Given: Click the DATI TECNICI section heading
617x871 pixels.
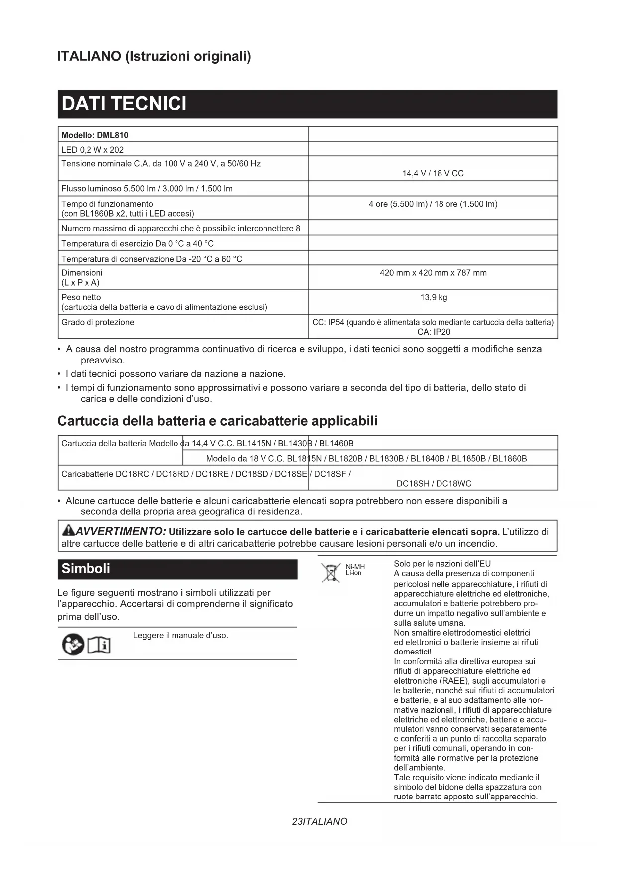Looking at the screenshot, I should (x=124, y=104).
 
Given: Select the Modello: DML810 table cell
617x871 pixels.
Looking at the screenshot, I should (x=95, y=135).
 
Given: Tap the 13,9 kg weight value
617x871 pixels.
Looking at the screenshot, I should (x=434, y=297).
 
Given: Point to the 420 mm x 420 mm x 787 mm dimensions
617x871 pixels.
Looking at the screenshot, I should (x=433, y=273).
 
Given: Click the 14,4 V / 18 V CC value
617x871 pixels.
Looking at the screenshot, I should (x=433, y=173).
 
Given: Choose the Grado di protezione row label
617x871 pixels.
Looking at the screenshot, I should (x=98, y=322).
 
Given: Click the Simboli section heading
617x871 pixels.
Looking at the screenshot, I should (x=86, y=569).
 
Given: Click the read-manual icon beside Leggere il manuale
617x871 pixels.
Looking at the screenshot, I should (x=86, y=645).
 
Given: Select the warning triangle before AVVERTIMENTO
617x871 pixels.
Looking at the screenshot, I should (x=67, y=531).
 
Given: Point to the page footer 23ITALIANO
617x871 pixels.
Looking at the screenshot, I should (x=320, y=821).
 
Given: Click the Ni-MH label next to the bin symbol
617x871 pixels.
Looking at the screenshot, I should (x=355, y=567).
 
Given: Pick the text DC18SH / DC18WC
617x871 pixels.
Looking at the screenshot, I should (x=434, y=483).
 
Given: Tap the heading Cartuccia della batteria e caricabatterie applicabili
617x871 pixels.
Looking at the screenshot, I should (x=217, y=421).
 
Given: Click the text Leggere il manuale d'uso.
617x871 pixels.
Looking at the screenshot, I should (x=180, y=635).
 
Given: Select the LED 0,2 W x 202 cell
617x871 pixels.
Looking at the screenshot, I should (x=92, y=150).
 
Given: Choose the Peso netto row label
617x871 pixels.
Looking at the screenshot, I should (x=81, y=297).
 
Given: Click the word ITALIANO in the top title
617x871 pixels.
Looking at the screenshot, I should (x=89, y=56).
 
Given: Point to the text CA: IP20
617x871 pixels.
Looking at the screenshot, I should (x=434, y=332).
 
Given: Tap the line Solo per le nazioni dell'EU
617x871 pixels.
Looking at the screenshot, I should (x=442, y=563).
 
